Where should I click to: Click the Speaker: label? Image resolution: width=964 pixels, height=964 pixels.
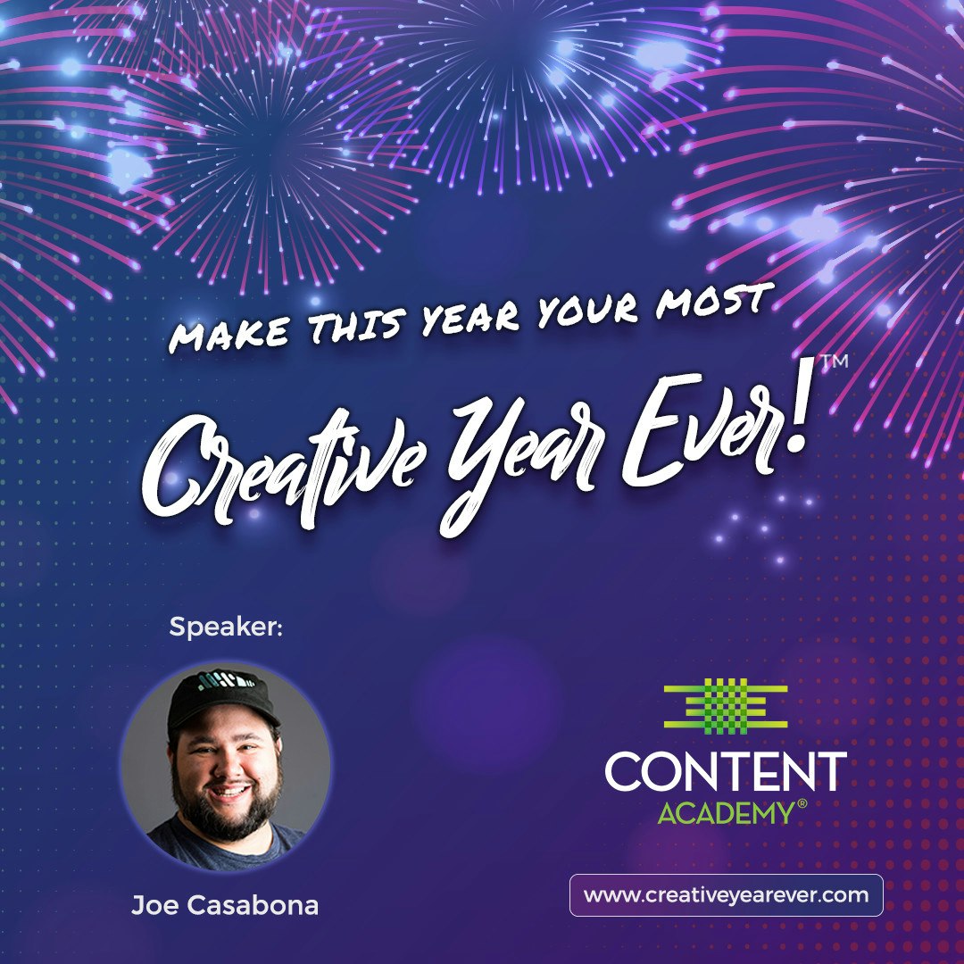click(x=226, y=627)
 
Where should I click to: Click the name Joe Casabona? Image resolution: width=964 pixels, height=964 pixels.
click(x=225, y=905)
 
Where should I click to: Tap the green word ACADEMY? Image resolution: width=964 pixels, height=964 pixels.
click(x=725, y=813)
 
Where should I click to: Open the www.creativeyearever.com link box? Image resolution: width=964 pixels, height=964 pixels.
click(x=726, y=895)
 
